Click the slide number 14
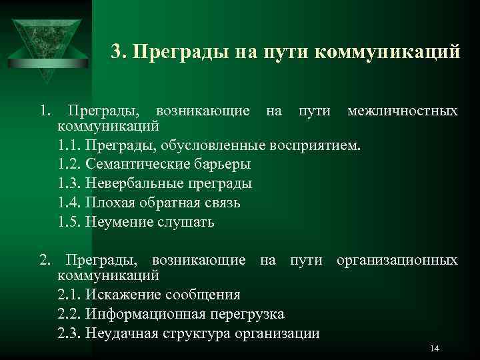pos(435,349)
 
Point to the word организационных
pos(397,259)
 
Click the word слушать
pos(186,222)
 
